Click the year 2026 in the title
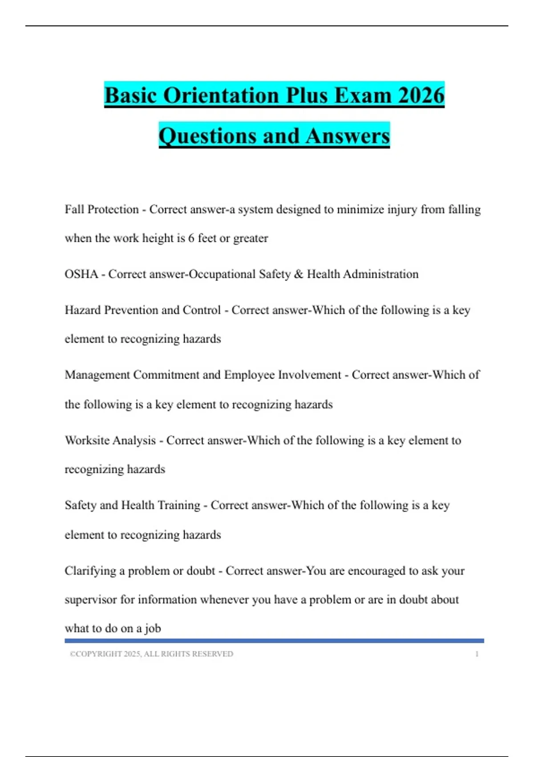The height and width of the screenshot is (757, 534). [421, 95]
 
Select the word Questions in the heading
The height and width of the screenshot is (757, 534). [207, 136]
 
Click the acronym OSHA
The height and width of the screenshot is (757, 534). [81, 274]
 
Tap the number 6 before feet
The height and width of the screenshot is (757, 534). [191, 238]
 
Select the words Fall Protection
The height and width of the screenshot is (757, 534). [101, 209]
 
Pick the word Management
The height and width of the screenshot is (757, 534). [97, 375]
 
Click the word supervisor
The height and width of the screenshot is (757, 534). [91, 600]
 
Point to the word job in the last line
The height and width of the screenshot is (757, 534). [153, 629]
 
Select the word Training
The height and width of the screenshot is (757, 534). [179, 505]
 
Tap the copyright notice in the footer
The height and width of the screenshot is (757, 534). [151, 654]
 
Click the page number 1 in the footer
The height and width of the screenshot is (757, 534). [477, 654]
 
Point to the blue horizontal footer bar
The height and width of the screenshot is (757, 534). [274, 641]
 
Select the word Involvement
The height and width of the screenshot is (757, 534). [309, 375]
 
